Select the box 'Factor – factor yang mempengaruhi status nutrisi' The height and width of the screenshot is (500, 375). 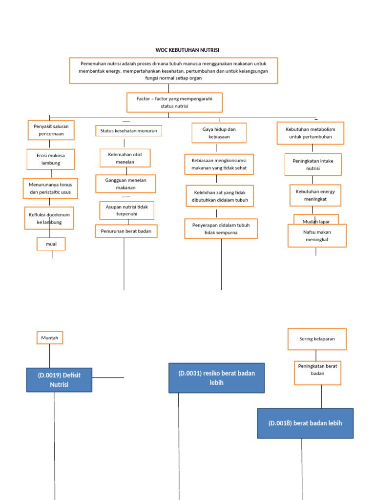(174, 103)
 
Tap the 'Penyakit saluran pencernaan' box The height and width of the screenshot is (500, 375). (51, 130)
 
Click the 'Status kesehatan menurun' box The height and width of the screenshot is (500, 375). (128, 131)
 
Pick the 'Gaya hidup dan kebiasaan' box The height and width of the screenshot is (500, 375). (219, 133)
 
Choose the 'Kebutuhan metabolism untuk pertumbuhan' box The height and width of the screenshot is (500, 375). (310, 133)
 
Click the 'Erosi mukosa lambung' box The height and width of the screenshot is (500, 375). (50, 159)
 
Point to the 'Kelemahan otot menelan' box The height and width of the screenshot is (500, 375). (125, 158)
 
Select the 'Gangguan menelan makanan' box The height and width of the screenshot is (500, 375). (125, 184)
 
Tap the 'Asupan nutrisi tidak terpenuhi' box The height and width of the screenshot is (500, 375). (126, 210)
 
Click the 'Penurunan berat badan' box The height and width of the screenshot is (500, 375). (126, 231)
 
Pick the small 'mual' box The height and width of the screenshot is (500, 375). (51, 244)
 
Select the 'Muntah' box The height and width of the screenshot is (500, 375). (50, 337)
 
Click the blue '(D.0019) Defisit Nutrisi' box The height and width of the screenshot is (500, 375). (59, 380)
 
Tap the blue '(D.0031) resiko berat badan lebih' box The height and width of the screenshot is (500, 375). (216, 378)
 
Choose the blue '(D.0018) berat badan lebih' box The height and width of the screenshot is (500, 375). (305, 423)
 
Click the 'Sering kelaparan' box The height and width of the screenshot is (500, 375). (317, 339)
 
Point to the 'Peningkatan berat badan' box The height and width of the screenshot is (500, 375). (317, 373)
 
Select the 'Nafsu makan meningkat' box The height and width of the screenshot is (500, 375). (317, 236)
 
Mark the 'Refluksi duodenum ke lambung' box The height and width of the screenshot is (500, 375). (49, 218)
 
